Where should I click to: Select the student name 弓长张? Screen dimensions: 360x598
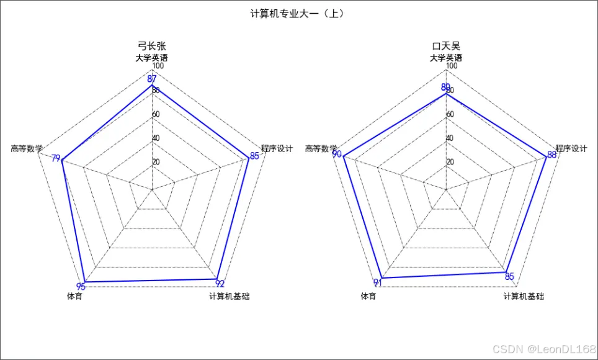pos(152,46)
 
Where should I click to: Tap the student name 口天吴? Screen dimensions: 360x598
pos(446,46)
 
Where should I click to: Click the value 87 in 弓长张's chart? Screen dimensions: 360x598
pos(152,79)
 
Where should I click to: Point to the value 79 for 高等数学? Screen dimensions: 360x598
pos(56,159)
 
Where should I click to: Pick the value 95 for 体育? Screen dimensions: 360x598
pos(81,286)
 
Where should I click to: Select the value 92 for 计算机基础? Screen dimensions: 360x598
pos(220,284)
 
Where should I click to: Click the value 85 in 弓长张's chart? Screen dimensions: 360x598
pos(254,155)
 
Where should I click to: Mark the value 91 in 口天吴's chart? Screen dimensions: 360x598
pos(378,283)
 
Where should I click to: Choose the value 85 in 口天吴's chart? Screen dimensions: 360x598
pos(509,276)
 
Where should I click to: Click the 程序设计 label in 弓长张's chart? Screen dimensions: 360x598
pos(277,148)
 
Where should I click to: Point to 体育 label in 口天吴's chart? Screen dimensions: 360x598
pos(368,297)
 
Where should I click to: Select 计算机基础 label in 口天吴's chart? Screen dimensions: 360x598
pos(524,297)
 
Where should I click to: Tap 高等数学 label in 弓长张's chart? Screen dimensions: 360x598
pos(27,148)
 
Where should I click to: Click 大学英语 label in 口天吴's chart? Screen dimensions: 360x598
pos(446,58)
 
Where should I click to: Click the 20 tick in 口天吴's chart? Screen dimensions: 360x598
pos(450,162)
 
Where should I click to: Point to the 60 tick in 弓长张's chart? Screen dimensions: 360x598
pos(156,114)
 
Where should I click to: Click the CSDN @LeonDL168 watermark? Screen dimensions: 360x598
pos(540,349)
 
